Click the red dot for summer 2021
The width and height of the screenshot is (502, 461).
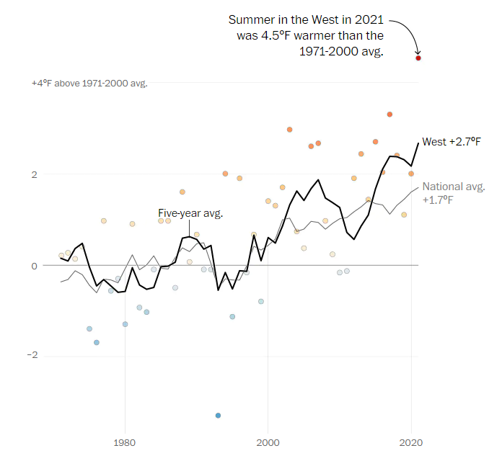point(418,58)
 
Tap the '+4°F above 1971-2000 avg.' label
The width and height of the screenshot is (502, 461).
point(89,84)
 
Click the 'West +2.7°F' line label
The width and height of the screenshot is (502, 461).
point(452,142)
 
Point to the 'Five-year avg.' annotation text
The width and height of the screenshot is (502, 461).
point(190,212)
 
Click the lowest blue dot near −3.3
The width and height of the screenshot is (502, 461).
point(218,415)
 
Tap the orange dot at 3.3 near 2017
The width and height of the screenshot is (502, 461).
point(389,115)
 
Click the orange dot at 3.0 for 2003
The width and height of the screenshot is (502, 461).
point(289,130)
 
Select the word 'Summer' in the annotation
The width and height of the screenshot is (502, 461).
point(249,19)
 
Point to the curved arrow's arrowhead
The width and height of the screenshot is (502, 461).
point(418,51)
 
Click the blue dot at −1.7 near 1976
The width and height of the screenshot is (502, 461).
point(97,342)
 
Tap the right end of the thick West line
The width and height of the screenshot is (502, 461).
point(418,143)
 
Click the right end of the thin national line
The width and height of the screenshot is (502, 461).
point(418,187)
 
